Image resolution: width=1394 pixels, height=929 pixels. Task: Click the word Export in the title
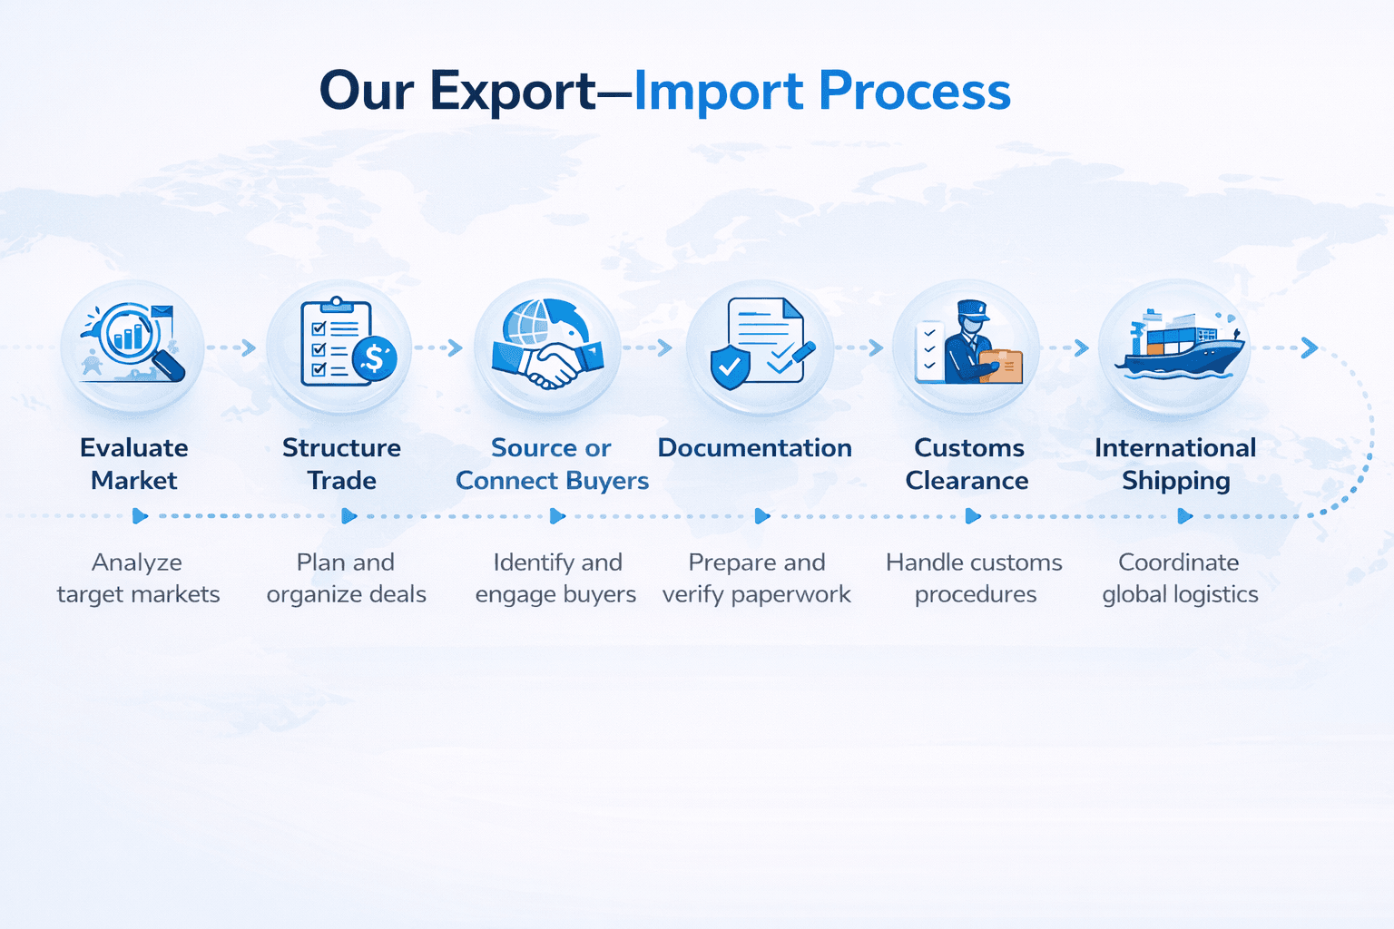pyautogui.click(x=513, y=93)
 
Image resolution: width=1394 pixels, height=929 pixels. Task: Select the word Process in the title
pyautogui.click(x=915, y=93)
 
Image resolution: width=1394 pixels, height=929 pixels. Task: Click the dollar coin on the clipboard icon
pyautogui.click(x=374, y=358)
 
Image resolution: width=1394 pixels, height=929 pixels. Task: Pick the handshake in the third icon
pyautogui.click(x=548, y=361)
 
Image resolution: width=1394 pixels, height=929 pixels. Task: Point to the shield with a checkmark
pyautogui.click(x=730, y=367)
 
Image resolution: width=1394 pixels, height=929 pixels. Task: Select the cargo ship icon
pyautogui.click(x=1180, y=349)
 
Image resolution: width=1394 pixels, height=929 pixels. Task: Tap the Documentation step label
pyautogui.click(x=754, y=448)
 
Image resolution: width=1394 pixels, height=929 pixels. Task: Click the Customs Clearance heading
pyautogui.click(x=967, y=464)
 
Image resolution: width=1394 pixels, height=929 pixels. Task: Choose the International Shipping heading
pyautogui.click(x=1175, y=464)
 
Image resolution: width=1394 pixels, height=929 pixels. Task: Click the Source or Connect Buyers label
pyautogui.click(x=552, y=464)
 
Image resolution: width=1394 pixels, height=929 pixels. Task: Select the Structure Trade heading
pyautogui.click(x=341, y=464)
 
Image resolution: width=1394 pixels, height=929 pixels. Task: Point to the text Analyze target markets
pyautogui.click(x=138, y=578)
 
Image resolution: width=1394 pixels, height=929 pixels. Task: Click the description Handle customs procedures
pyautogui.click(x=975, y=578)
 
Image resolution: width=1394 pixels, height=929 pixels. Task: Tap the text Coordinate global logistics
pyautogui.click(x=1180, y=578)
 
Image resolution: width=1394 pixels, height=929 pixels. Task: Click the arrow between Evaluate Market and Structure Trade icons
pyautogui.click(x=248, y=347)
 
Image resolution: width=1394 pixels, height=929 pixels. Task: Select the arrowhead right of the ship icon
pyautogui.click(x=1309, y=347)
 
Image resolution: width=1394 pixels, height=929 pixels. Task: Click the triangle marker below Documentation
pyautogui.click(x=761, y=516)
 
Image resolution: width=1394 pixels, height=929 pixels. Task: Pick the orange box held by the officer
pyautogui.click(x=1003, y=366)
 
